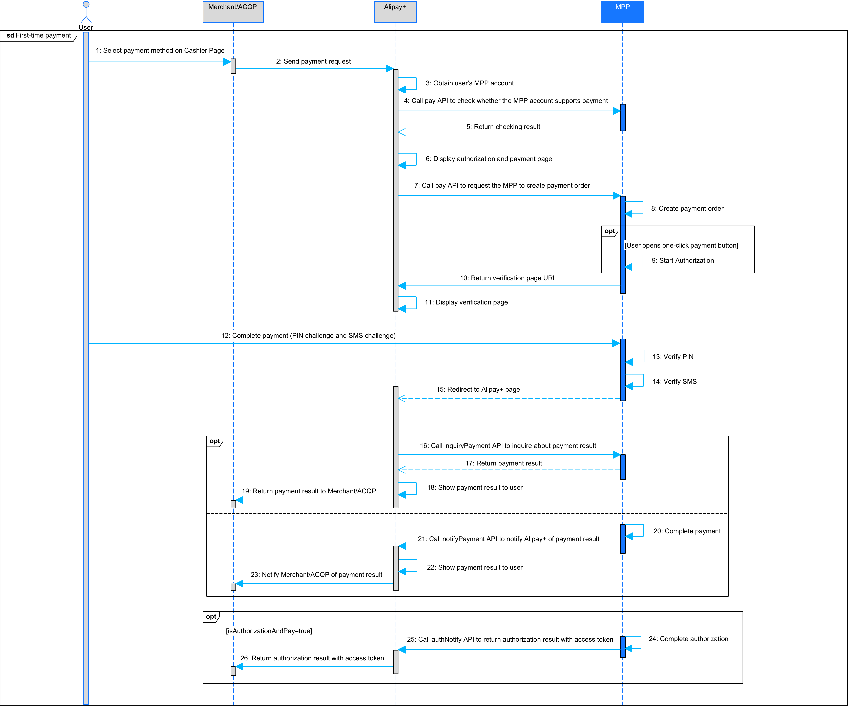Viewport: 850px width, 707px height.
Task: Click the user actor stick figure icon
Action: (x=86, y=12)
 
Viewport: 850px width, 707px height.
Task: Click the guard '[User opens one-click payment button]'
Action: (x=681, y=245)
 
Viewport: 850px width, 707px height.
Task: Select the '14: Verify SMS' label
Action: (x=674, y=381)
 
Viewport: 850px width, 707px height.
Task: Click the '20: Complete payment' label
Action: (x=687, y=531)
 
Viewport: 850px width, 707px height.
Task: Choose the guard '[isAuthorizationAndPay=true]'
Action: (x=269, y=631)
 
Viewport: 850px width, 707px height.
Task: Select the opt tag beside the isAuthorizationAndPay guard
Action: (x=211, y=616)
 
